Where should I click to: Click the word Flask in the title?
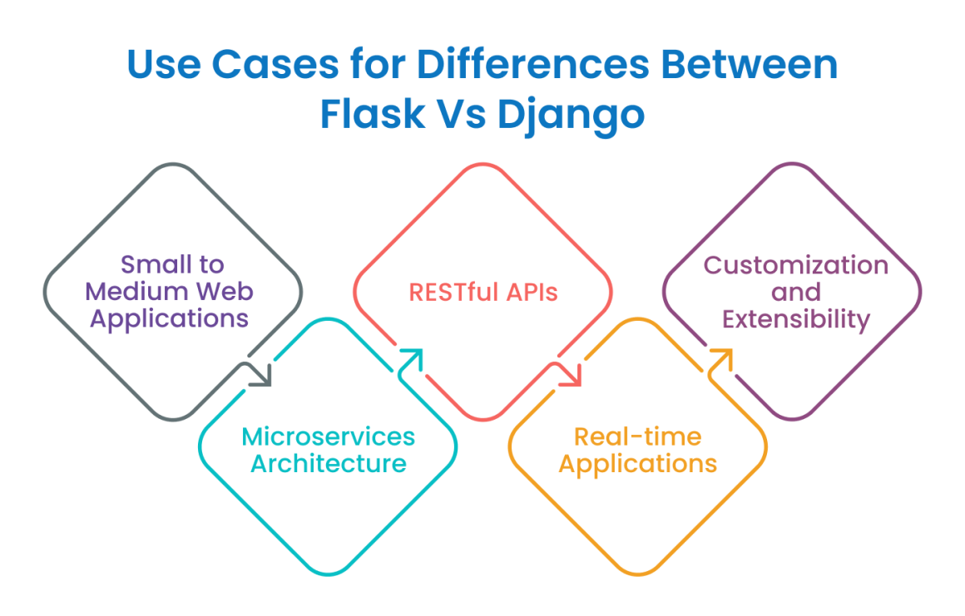(373, 114)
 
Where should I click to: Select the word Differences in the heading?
(533, 64)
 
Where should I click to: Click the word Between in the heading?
(749, 64)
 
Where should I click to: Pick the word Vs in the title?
(462, 114)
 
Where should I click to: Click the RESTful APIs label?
(483, 293)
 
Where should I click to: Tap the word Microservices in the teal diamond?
(328, 436)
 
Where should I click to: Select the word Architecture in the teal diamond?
(328, 464)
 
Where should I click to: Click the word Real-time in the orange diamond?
(637, 436)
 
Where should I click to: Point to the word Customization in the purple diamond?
(796, 265)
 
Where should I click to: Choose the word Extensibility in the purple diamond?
(796, 320)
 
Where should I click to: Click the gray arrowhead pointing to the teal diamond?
(261, 376)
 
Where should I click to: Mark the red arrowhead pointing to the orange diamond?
(572, 376)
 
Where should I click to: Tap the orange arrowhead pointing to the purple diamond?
(721, 360)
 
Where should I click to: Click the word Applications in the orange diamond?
(637, 465)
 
